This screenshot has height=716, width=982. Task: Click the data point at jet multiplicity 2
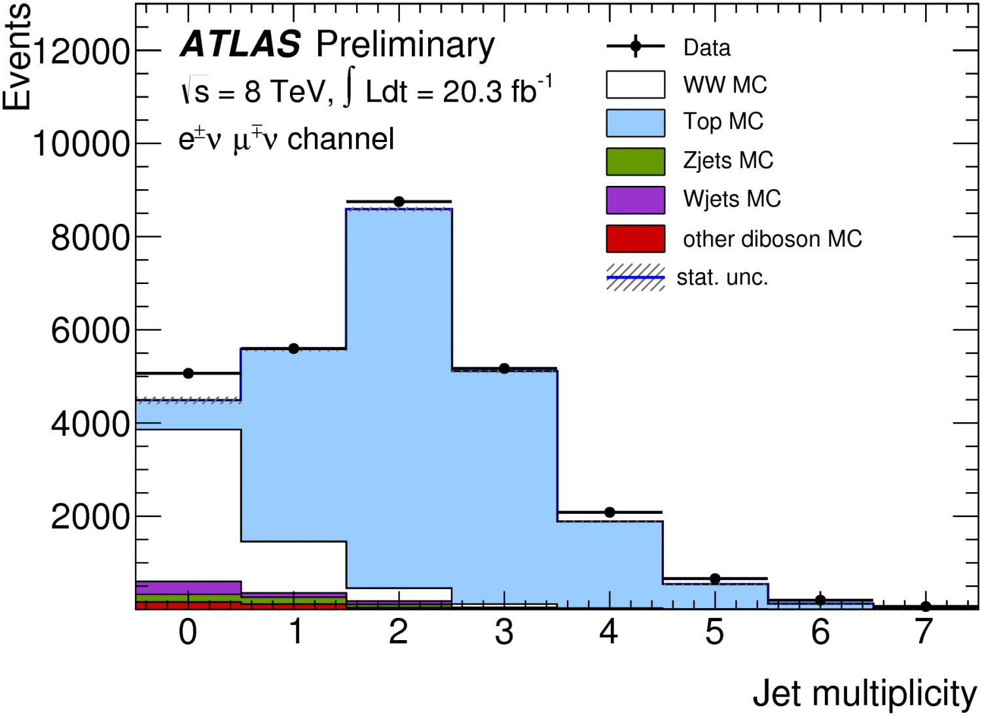click(x=399, y=202)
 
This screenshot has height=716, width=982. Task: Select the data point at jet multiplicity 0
click(x=189, y=373)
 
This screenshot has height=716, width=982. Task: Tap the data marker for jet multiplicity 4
click(x=609, y=512)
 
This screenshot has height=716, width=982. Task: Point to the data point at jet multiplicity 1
click(x=294, y=348)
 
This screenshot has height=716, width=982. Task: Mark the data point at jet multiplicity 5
click(x=715, y=579)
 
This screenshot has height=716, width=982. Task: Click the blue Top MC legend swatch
click(x=635, y=123)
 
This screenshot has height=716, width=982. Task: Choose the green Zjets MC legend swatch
click(x=635, y=162)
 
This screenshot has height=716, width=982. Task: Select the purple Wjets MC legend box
click(x=635, y=200)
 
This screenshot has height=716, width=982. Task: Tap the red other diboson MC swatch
click(x=635, y=239)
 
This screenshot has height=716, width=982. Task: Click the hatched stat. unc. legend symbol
click(x=635, y=277)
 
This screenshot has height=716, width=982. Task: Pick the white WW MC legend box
click(x=635, y=84)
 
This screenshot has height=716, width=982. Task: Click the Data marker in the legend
click(x=635, y=46)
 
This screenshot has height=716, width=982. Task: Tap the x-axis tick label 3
click(x=504, y=632)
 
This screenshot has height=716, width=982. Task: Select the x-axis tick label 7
click(x=924, y=632)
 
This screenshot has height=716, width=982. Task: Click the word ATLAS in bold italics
click(x=240, y=45)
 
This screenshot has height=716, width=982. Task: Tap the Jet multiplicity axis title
click(x=864, y=694)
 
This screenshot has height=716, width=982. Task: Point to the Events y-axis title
click(x=17, y=57)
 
